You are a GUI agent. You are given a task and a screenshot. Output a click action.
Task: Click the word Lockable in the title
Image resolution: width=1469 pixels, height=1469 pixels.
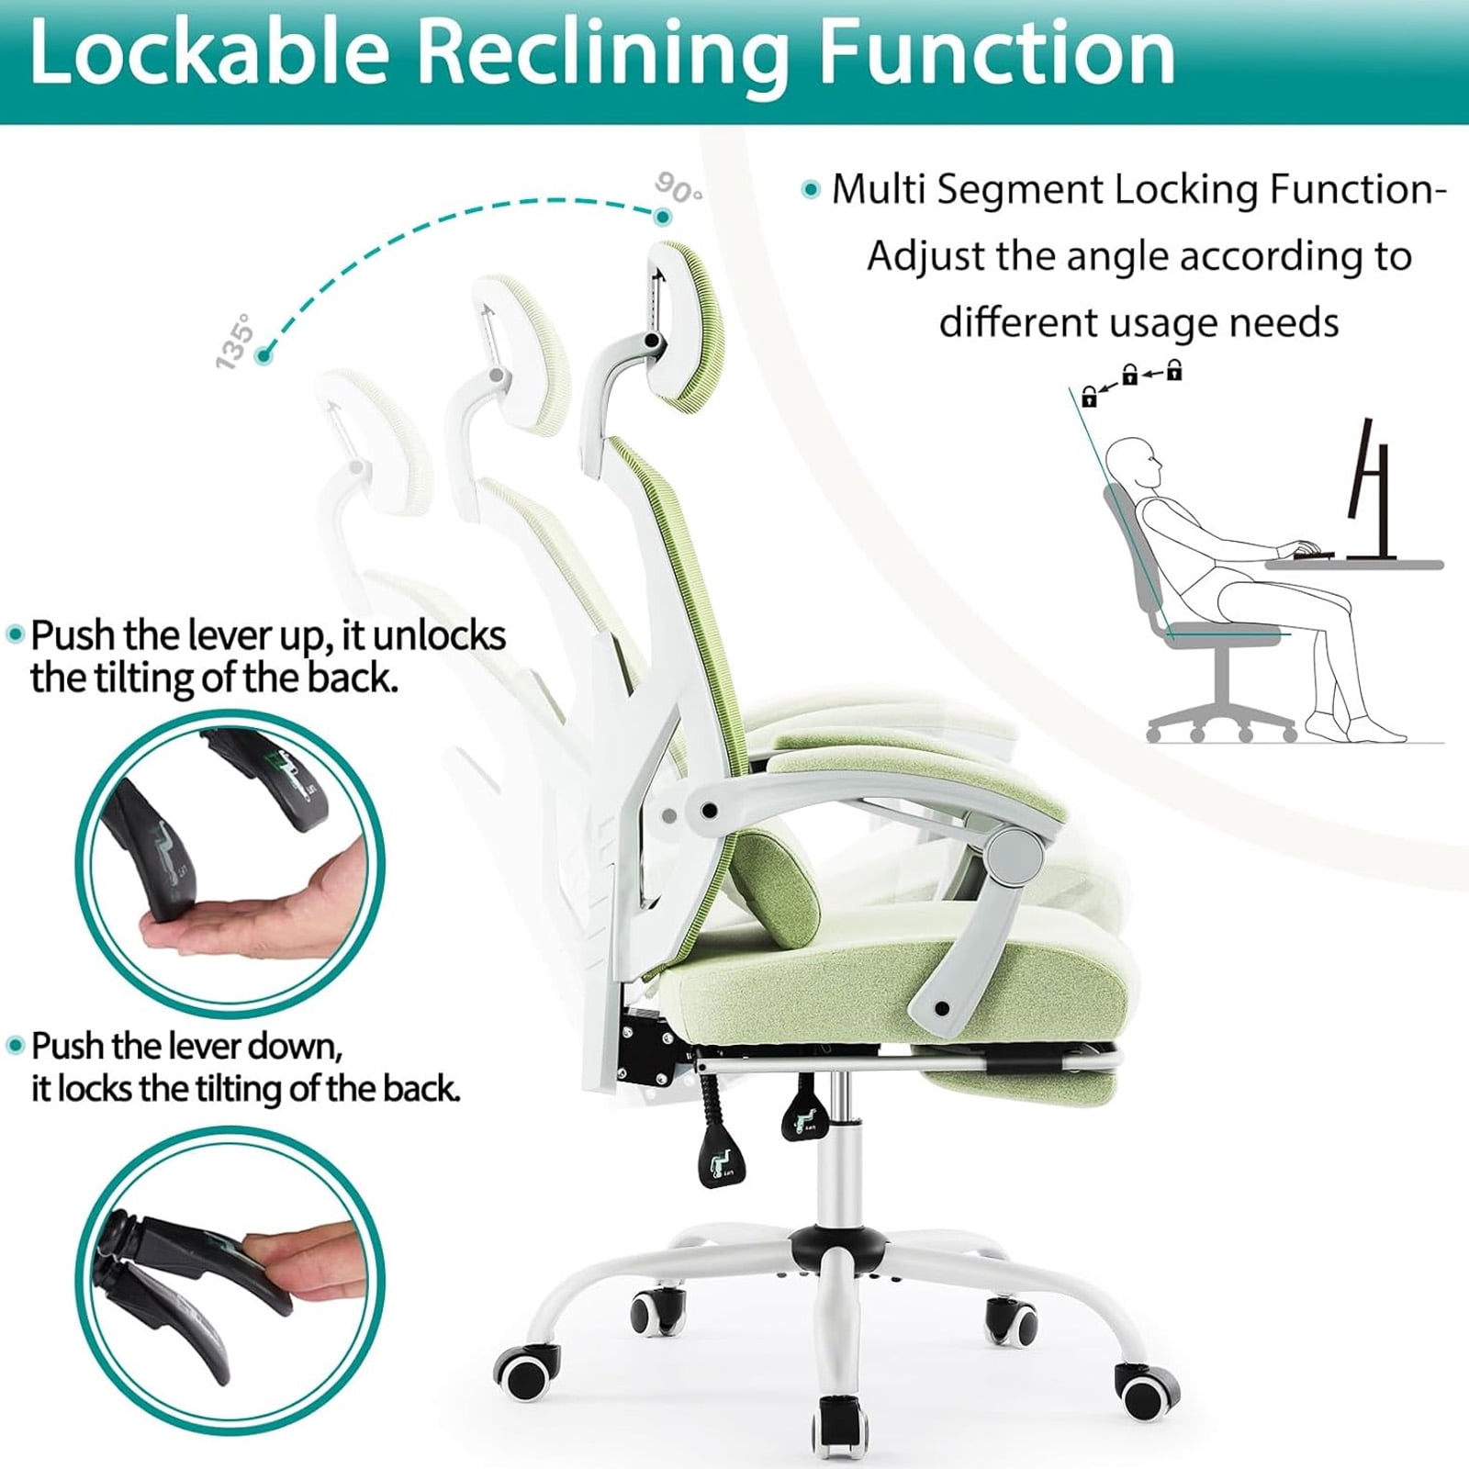[x=210, y=53]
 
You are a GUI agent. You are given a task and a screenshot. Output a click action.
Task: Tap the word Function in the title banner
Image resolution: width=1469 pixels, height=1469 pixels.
[x=996, y=53]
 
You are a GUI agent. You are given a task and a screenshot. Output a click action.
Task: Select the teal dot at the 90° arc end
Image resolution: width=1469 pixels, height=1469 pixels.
[x=663, y=218]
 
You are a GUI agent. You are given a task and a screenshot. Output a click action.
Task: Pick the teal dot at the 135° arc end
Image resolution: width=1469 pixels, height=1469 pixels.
[x=264, y=355]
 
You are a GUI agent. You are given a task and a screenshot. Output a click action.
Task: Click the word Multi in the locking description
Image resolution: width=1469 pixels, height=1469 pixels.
[x=876, y=189]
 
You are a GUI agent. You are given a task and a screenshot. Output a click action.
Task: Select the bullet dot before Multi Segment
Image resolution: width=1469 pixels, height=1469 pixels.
[x=810, y=190]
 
